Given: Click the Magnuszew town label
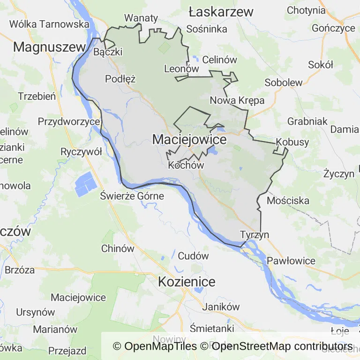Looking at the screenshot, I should pos(49,47).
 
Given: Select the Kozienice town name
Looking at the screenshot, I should pos(187,282).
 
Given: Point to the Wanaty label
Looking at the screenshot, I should pos(141,18).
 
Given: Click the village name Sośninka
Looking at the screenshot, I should pos(206,29).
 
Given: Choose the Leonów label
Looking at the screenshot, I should pos(182,69).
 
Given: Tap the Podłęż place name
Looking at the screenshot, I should pos(120,79).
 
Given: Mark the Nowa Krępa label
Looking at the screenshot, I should pos(237,100).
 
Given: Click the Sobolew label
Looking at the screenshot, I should pos(283,82).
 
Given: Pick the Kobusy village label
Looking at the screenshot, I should pos(292,142).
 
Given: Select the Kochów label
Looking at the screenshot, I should pos(186,165).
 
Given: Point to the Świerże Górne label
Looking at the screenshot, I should pos(132,196).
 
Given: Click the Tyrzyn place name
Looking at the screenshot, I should pos(254,234).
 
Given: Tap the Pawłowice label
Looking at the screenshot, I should pos(291,260).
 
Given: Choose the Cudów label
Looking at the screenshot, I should pos(193,256).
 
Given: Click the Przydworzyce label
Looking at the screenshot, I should pos(69,122).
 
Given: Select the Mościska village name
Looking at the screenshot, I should pos(288,201).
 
